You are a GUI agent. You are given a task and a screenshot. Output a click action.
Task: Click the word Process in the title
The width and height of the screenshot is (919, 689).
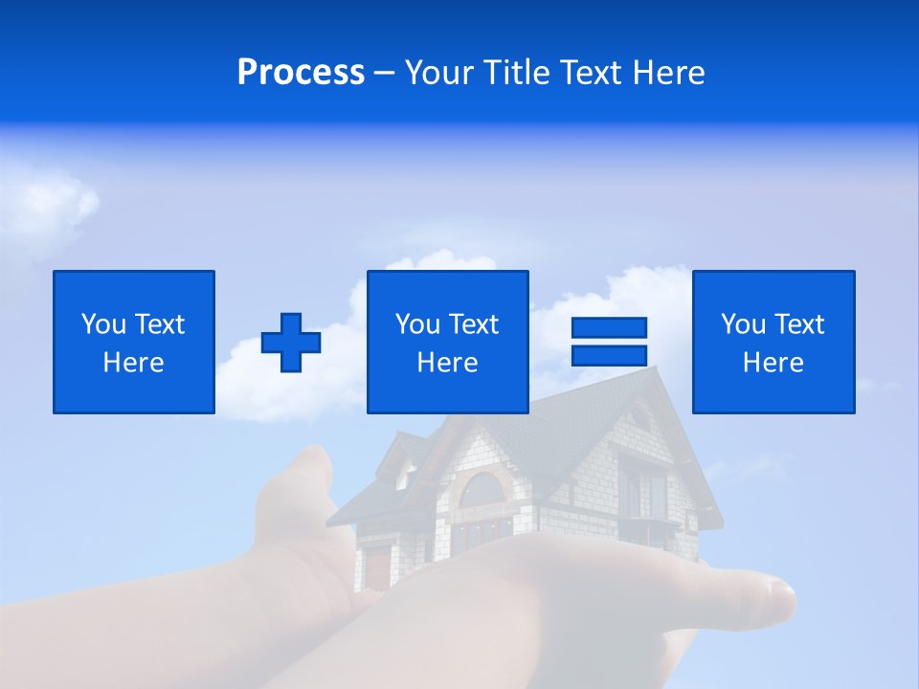(301, 73)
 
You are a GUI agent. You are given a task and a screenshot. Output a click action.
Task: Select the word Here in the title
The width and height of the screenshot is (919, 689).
(669, 73)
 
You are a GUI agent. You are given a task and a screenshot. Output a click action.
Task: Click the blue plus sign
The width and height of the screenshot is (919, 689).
(291, 342)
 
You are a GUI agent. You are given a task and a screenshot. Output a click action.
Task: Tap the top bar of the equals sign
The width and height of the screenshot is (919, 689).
(609, 327)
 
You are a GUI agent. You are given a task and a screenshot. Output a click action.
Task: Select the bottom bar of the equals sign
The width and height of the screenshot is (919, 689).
(609, 355)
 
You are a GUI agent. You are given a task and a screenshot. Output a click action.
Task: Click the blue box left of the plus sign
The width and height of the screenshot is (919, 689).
(134, 342)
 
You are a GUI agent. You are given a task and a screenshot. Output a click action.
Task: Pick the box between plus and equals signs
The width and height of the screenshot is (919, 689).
(447, 342)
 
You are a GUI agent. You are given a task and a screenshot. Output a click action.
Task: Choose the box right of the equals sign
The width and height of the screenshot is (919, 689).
(773, 342)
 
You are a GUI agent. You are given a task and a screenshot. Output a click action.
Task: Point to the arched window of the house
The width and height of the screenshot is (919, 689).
(482, 490)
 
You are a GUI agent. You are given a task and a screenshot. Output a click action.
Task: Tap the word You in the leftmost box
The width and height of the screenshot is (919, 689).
(103, 324)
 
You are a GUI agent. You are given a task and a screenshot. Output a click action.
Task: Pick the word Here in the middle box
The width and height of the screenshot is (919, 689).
(447, 363)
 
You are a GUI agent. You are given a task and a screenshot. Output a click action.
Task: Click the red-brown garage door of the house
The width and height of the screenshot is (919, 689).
(379, 567)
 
